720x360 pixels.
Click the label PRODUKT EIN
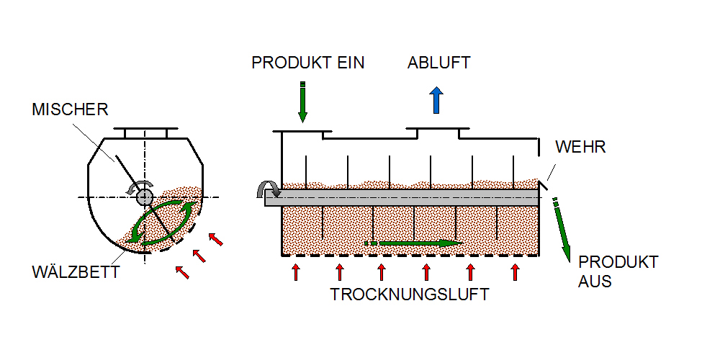pos(307,63)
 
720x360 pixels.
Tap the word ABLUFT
pos(438,63)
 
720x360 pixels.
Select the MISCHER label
pos(70,109)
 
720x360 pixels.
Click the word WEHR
pos(580,148)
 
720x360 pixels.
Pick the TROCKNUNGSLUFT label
pos(410,294)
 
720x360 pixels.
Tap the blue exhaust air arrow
pos(435,100)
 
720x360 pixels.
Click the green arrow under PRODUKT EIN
pos(303,102)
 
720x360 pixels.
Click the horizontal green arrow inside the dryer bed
pos(413,243)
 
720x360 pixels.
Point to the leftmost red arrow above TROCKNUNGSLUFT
pos(295,271)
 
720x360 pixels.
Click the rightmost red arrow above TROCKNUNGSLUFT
pos(515,271)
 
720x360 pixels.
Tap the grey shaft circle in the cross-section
pos(145,196)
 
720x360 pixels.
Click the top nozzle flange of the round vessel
pos(145,132)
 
